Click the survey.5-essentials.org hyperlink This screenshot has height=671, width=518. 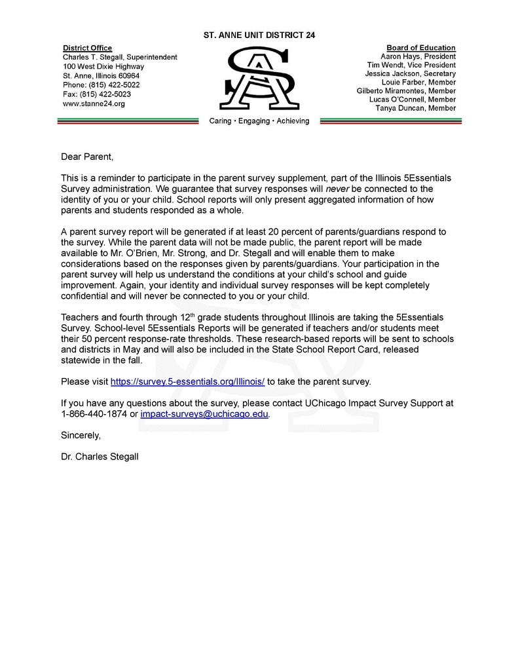187,381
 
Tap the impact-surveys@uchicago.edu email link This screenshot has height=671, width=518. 204,414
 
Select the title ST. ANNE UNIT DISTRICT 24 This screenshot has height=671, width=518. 259,35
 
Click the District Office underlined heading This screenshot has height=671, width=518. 87,48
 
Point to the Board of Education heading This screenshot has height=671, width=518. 421,48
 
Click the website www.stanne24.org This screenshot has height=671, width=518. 94,104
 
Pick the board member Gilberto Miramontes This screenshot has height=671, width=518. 406,91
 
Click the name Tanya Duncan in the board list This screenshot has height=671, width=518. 416,108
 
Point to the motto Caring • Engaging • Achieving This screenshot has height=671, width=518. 259,121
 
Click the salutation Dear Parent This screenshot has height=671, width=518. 87,157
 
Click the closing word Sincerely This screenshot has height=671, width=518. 81,434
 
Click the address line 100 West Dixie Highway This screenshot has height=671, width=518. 103,66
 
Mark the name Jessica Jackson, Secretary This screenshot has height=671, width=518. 411,74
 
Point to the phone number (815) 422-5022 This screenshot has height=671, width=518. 101,85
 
